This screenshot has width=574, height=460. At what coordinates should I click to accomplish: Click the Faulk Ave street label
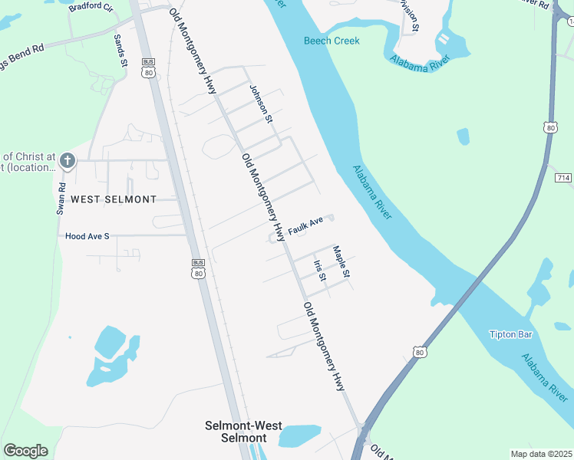[307, 225]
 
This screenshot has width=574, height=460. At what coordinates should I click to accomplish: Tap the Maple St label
[341, 262]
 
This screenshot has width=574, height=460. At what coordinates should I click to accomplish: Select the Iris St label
[320, 270]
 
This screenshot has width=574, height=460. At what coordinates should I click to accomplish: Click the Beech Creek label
[332, 41]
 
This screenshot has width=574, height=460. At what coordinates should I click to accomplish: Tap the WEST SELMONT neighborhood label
[114, 199]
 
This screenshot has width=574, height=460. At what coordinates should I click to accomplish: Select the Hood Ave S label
[87, 236]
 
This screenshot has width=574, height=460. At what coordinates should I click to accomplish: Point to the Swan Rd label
[61, 198]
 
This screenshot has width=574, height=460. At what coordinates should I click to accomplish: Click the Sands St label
[120, 51]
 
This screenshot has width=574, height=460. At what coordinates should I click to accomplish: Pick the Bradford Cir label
[91, 7]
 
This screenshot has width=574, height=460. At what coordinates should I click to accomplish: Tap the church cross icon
[68, 161]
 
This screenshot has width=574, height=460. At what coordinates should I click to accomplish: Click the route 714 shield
[564, 178]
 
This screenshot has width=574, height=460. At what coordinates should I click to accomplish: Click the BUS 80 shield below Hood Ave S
[198, 269]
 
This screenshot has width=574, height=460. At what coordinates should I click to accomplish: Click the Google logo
[25, 451]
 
